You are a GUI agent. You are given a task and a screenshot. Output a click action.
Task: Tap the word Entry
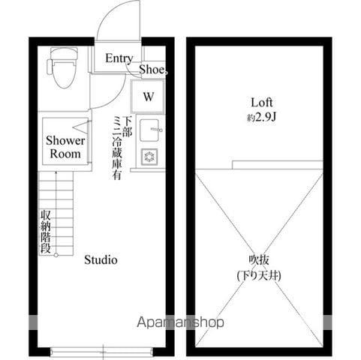(119, 58)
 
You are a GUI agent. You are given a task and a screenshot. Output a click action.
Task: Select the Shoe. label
(153, 70)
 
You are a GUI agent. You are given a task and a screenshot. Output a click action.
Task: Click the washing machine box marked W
(148, 96)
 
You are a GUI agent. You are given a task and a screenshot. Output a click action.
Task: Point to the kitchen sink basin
(149, 130)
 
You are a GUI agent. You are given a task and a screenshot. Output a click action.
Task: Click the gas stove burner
(149, 157)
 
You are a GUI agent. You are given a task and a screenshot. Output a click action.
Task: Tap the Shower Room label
(65, 147)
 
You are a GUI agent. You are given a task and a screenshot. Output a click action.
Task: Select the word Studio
(101, 260)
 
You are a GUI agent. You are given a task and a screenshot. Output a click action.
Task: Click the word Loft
(262, 103)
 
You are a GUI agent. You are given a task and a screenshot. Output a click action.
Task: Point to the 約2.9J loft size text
(261, 117)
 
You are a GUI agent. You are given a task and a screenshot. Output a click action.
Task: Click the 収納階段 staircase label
(46, 232)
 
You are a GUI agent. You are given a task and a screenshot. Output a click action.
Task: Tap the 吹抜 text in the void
(259, 260)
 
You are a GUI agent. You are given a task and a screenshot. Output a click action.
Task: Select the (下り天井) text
(259, 275)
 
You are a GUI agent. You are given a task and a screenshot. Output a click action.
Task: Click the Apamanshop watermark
(180, 322)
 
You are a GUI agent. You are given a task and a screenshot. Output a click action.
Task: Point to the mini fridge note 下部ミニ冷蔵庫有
(122, 148)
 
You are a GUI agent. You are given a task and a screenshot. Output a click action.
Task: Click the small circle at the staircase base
(56, 255)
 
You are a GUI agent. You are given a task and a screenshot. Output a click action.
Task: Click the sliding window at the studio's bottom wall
(101, 352)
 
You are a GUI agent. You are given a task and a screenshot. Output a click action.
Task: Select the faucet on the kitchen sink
(157, 130)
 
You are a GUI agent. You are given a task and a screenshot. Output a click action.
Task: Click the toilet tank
(64, 52)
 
